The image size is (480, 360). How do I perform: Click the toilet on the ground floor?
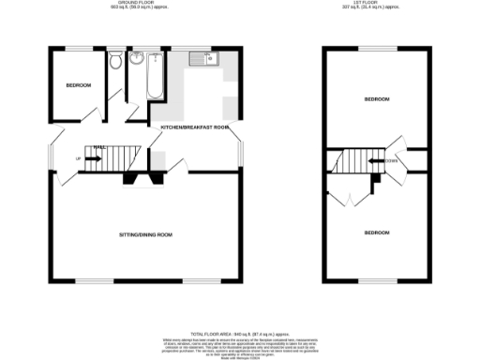click(114, 62)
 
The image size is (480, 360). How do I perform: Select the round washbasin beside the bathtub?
click(136, 61)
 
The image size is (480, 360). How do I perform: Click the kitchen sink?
click(202, 59)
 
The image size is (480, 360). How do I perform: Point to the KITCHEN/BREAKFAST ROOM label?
click(195, 127)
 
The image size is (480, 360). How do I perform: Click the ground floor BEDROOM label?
click(79, 86)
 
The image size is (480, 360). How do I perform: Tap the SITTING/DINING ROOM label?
click(145, 233)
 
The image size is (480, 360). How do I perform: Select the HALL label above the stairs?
click(97, 146)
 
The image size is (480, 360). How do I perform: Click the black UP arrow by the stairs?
click(93, 158)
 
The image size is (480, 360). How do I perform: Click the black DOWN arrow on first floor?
click(374, 160)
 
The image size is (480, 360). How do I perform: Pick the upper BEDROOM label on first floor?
click(377, 98)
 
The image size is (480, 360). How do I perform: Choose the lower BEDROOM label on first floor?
click(377, 232)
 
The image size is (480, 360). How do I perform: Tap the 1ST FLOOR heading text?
click(376, 5)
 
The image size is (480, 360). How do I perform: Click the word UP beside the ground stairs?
click(78, 158)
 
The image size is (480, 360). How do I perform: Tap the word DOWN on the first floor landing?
click(392, 160)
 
